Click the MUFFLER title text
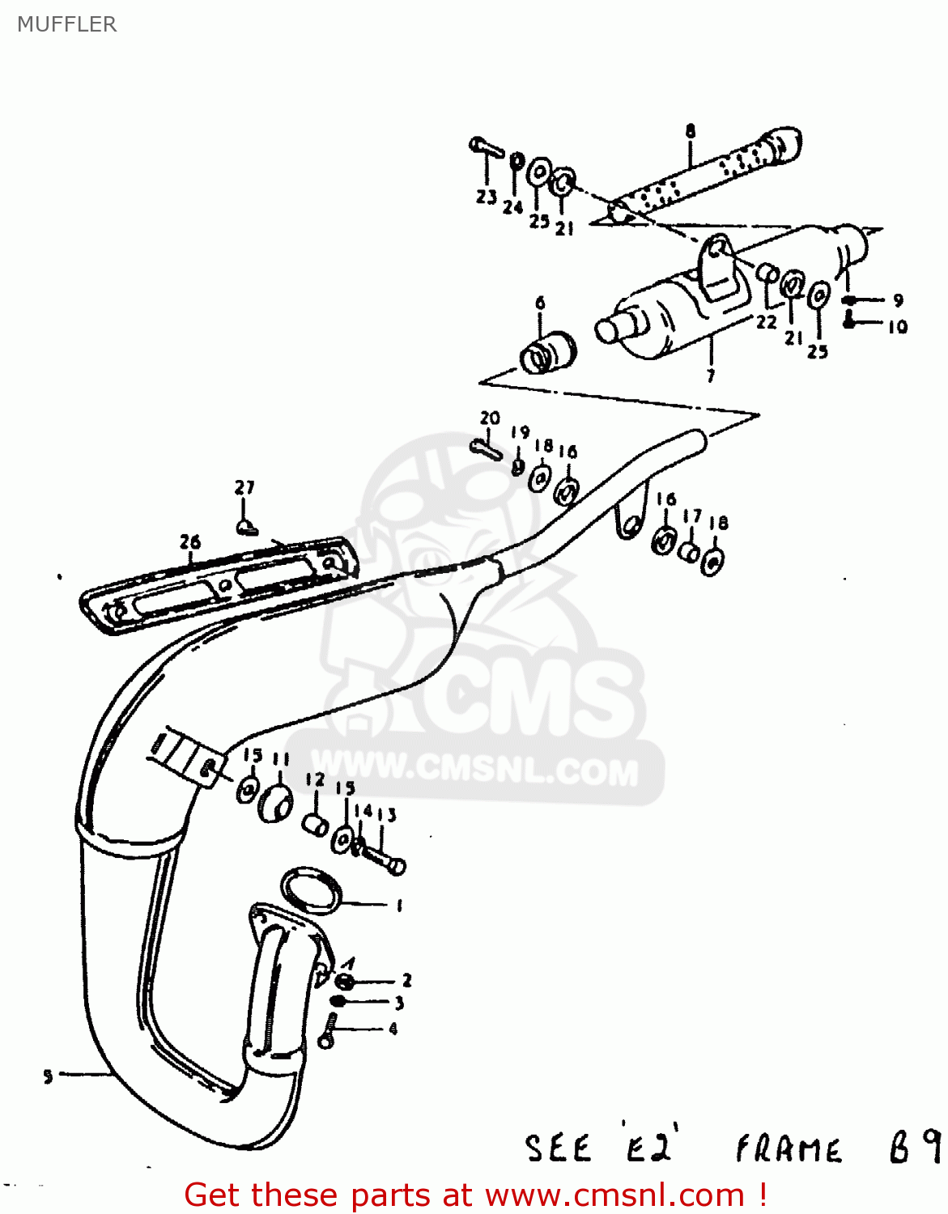[x=67, y=24]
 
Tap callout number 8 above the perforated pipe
[x=690, y=130]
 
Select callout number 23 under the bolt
[x=486, y=197]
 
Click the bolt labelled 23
[x=485, y=147]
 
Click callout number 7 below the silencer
[x=710, y=376]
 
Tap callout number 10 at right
[x=897, y=327]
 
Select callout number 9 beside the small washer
[x=897, y=300]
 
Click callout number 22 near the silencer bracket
[x=766, y=321]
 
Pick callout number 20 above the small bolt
[x=490, y=418]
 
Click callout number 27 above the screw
[x=244, y=487]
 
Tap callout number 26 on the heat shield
[x=189, y=541]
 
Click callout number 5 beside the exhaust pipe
[x=48, y=1076]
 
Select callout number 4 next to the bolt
[x=393, y=1029]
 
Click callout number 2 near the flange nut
[x=406, y=980]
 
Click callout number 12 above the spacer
[x=315, y=780]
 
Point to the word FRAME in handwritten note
[x=788, y=1149]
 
